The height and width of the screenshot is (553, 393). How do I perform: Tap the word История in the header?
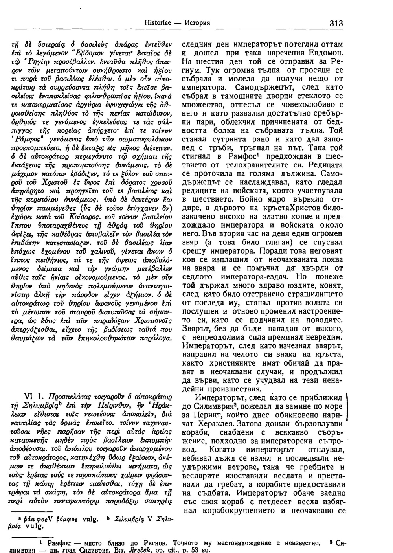click(x=196, y=22)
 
